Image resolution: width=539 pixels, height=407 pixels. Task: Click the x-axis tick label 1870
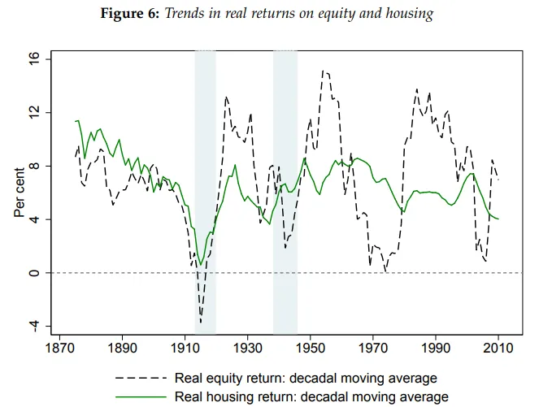point(60,348)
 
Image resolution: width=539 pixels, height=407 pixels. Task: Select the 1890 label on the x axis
point(123,348)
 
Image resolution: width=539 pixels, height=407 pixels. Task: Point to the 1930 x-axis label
point(247,348)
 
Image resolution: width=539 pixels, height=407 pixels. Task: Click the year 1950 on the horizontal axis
point(311,348)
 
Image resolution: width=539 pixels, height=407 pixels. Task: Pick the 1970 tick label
point(373,348)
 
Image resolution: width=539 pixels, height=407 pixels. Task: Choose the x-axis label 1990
point(436,348)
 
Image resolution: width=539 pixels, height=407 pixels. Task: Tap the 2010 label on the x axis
point(498,348)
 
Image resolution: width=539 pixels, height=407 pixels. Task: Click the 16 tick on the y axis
point(34,59)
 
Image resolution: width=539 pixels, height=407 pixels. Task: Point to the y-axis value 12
point(34,113)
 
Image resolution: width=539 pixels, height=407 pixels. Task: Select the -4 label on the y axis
point(34,326)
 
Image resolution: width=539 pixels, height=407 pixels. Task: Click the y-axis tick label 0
point(34,273)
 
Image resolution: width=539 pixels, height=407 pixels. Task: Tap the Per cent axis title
point(20,193)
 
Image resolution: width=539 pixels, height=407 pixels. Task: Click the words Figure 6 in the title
point(130,13)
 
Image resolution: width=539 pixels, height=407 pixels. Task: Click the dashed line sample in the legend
point(141,378)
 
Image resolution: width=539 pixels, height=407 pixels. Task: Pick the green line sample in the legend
point(141,396)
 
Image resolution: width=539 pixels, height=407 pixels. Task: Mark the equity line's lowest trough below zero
point(201,323)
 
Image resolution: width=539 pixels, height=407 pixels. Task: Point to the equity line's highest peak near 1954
point(323,71)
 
